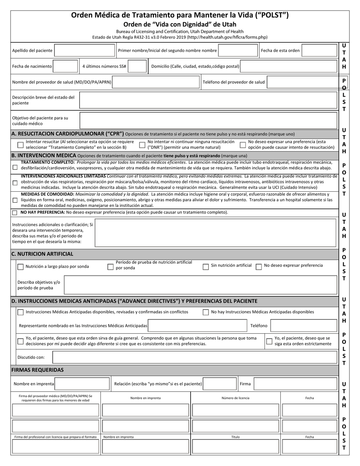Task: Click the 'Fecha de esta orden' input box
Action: tap(319, 50)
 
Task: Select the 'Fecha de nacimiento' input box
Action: tap(66, 66)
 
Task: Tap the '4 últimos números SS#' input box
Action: tap(138, 66)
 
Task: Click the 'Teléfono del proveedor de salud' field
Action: tap(301, 82)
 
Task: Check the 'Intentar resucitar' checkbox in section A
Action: tap(20, 145)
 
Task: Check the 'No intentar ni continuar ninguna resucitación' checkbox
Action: tap(142, 145)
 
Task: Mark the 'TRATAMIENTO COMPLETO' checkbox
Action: tap(15, 167)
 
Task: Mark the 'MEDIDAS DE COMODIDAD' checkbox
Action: tap(15, 200)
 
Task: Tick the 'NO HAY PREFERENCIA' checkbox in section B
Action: tap(15, 213)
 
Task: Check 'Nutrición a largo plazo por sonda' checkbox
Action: tap(20, 267)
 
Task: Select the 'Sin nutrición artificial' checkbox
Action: tap(205, 267)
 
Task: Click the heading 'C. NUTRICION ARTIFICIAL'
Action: tap(42, 254)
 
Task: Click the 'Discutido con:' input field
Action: tap(194, 357)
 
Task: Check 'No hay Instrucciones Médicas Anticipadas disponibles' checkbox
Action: tap(205, 312)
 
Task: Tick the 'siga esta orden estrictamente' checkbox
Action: tap(269, 341)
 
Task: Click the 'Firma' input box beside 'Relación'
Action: tap(295, 384)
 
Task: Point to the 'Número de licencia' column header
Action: tap(235, 398)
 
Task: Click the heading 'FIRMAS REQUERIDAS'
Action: tap(38, 370)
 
